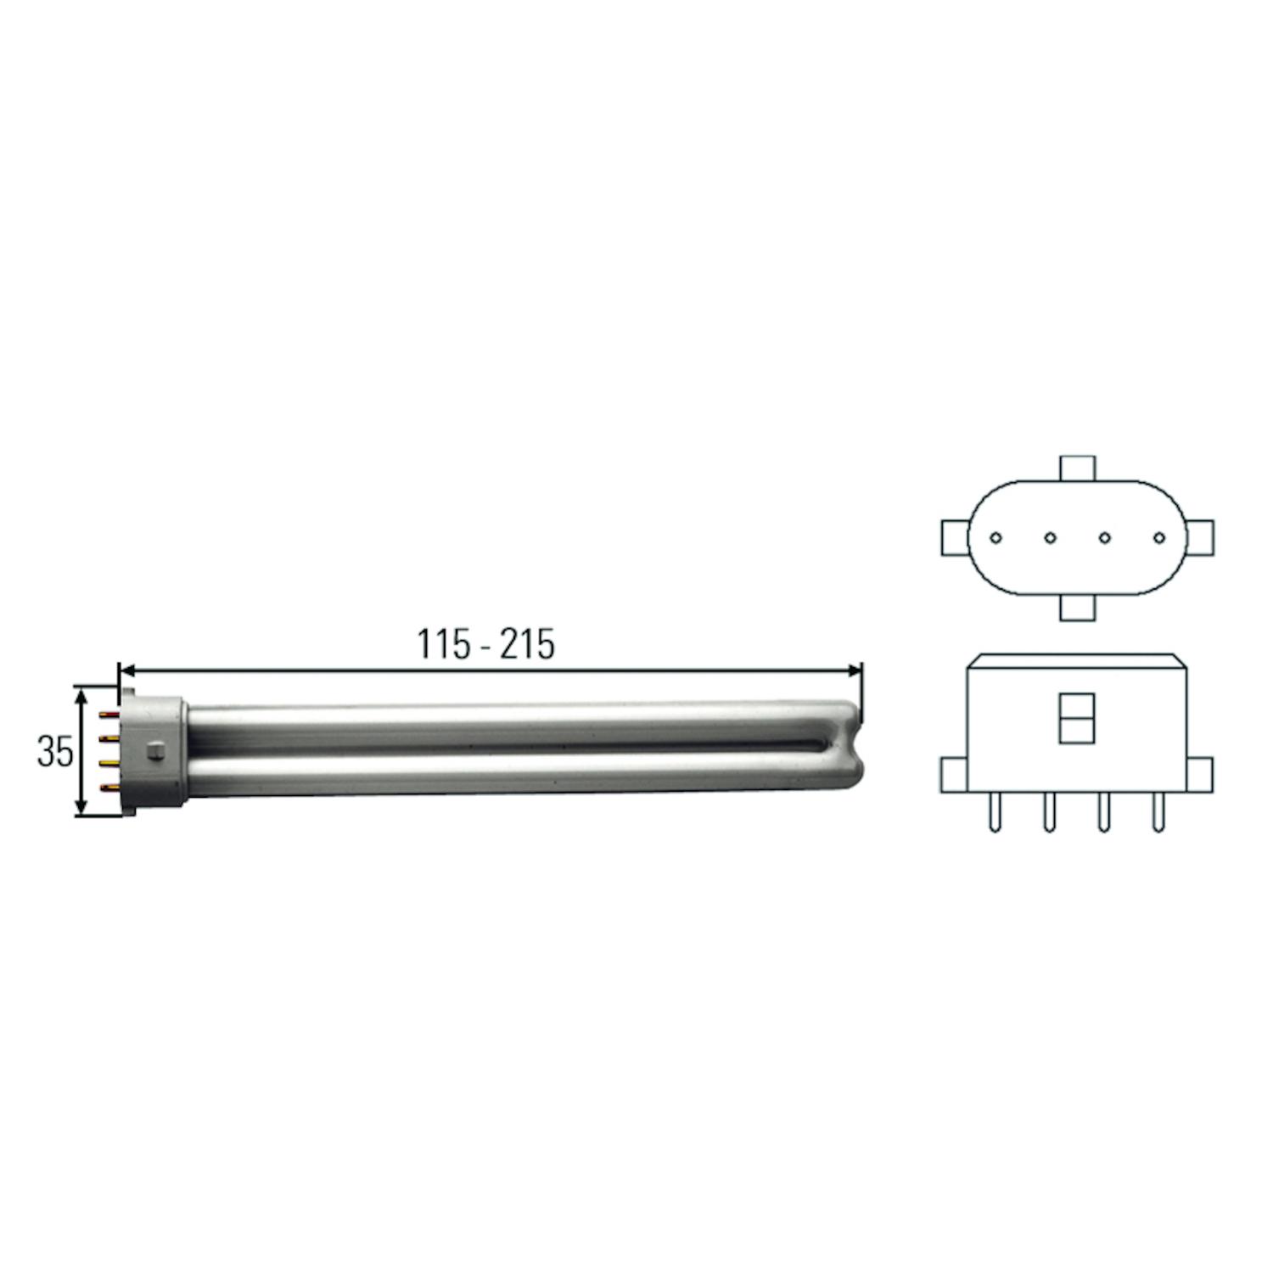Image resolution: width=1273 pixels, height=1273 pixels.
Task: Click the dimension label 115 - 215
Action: tap(485, 644)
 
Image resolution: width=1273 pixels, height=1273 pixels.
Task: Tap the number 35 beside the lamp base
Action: tap(55, 751)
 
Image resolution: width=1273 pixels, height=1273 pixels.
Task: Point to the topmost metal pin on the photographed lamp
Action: tap(109, 715)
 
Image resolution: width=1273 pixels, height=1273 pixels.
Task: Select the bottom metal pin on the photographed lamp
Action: tap(109, 788)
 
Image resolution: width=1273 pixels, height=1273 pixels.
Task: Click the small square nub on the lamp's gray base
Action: tap(155, 751)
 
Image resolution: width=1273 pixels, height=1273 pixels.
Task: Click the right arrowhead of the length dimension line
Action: tap(855, 670)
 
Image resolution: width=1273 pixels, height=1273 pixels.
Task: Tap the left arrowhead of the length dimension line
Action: tap(127, 670)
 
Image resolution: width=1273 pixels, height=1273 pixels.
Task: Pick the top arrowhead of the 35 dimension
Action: tap(81, 695)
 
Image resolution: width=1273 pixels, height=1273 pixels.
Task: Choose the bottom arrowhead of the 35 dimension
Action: tap(81, 808)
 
